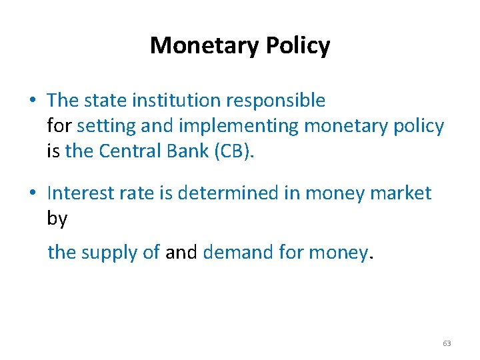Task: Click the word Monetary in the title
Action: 205,45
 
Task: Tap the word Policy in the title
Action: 298,45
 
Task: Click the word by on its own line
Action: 57,219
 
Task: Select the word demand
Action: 239,252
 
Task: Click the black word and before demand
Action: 181,252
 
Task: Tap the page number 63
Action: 447,343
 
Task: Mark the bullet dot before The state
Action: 33,101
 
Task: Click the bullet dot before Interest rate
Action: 33,193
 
